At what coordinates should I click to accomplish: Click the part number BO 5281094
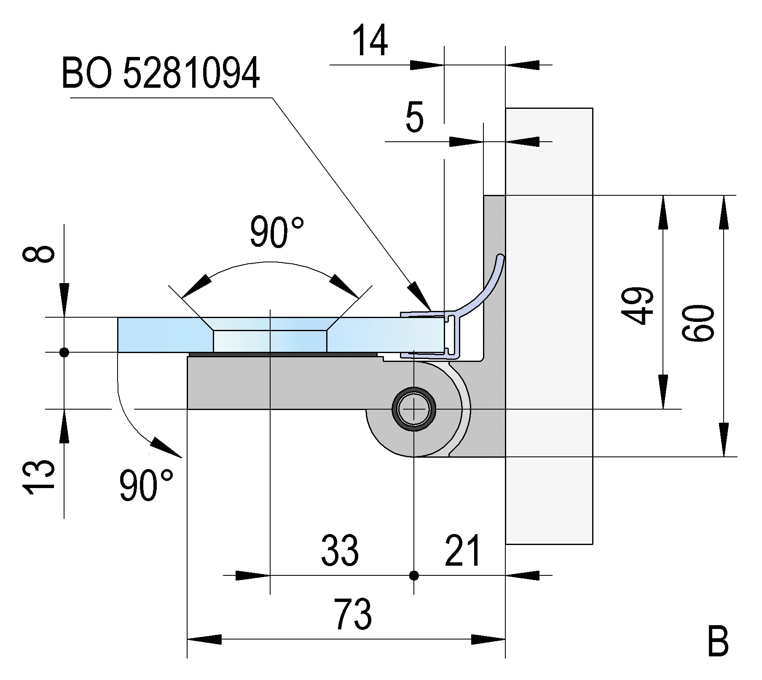(x=161, y=74)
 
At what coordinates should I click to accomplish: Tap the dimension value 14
(x=370, y=41)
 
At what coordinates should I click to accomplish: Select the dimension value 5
(x=414, y=118)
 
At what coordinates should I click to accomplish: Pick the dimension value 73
(x=353, y=614)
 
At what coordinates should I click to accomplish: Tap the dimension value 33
(x=340, y=550)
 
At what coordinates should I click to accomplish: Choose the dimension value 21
(x=462, y=550)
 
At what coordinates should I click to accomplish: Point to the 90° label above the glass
(x=276, y=232)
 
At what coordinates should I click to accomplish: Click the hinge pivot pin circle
(x=414, y=409)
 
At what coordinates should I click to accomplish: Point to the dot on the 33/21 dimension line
(x=414, y=575)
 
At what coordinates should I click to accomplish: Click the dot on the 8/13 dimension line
(x=64, y=352)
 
